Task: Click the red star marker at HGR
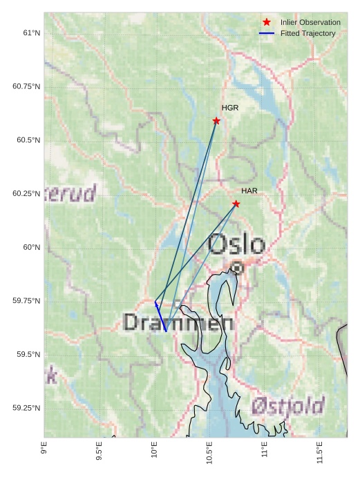pyautogui.click(x=216, y=121)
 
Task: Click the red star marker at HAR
pyautogui.click(x=236, y=204)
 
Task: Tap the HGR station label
pyautogui.click(x=230, y=108)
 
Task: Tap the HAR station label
pyautogui.click(x=249, y=191)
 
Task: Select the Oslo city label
pyautogui.click(x=236, y=244)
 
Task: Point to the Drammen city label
pyautogui.click(x=178, y=322)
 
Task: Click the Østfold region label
pyautogui.click(x=288, y=406)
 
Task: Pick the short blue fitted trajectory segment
pyautogui.click(x=160, y=317)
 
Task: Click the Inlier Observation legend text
pyautogui.click(x=310, y=22)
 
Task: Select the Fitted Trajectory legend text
pyautogui.click(x=307, y=33)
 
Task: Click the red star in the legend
pyautogui.click(x=267, y=22)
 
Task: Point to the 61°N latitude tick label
pyautogui.click(x=31, y=32)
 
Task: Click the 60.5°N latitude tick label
pyautogui.click(x=27, y=140)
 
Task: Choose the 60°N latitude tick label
pyautogui.click(x=31, y=247)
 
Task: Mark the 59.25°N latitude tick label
pyautogui.click(x=27, y=408)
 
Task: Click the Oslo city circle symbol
pyautogui.click(x=237, y=267)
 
